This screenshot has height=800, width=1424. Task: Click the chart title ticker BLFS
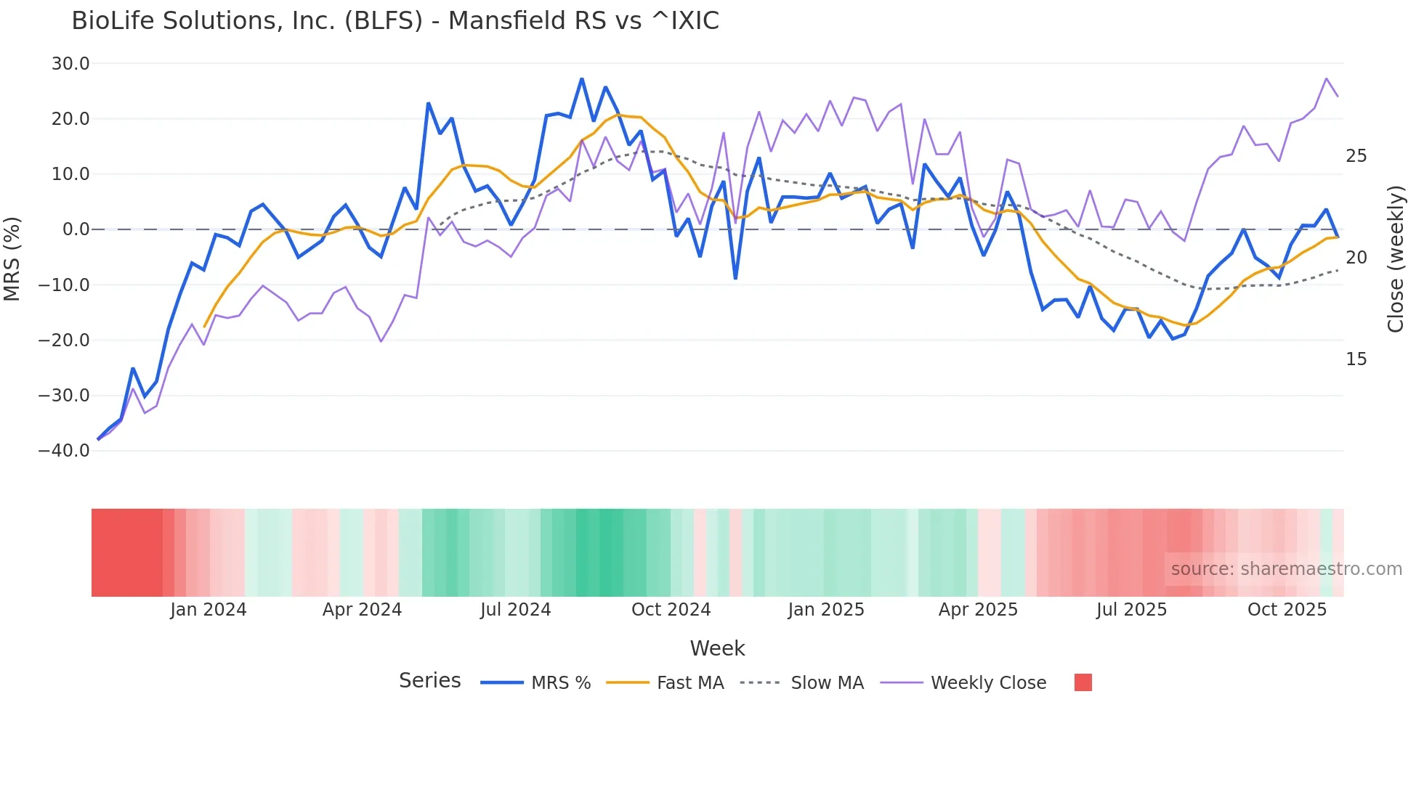383,21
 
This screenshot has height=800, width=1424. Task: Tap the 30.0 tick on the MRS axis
70,64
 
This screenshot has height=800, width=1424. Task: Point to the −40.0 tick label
64,451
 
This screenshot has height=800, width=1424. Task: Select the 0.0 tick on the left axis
76,229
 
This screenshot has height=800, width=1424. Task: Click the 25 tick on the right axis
1356,156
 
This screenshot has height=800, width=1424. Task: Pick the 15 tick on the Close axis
1356,359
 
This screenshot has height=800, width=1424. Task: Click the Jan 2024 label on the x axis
209,610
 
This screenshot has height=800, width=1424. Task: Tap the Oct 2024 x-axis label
671,610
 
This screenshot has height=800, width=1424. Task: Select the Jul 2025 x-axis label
1131,610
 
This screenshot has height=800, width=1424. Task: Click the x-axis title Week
717,648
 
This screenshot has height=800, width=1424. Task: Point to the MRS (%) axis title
12,258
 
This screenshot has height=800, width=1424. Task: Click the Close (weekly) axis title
1396,259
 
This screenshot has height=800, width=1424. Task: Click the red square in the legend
1083,682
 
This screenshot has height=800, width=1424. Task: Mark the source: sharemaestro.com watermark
1286,569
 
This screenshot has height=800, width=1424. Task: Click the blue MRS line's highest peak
582,78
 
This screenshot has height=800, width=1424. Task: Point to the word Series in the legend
429,681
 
